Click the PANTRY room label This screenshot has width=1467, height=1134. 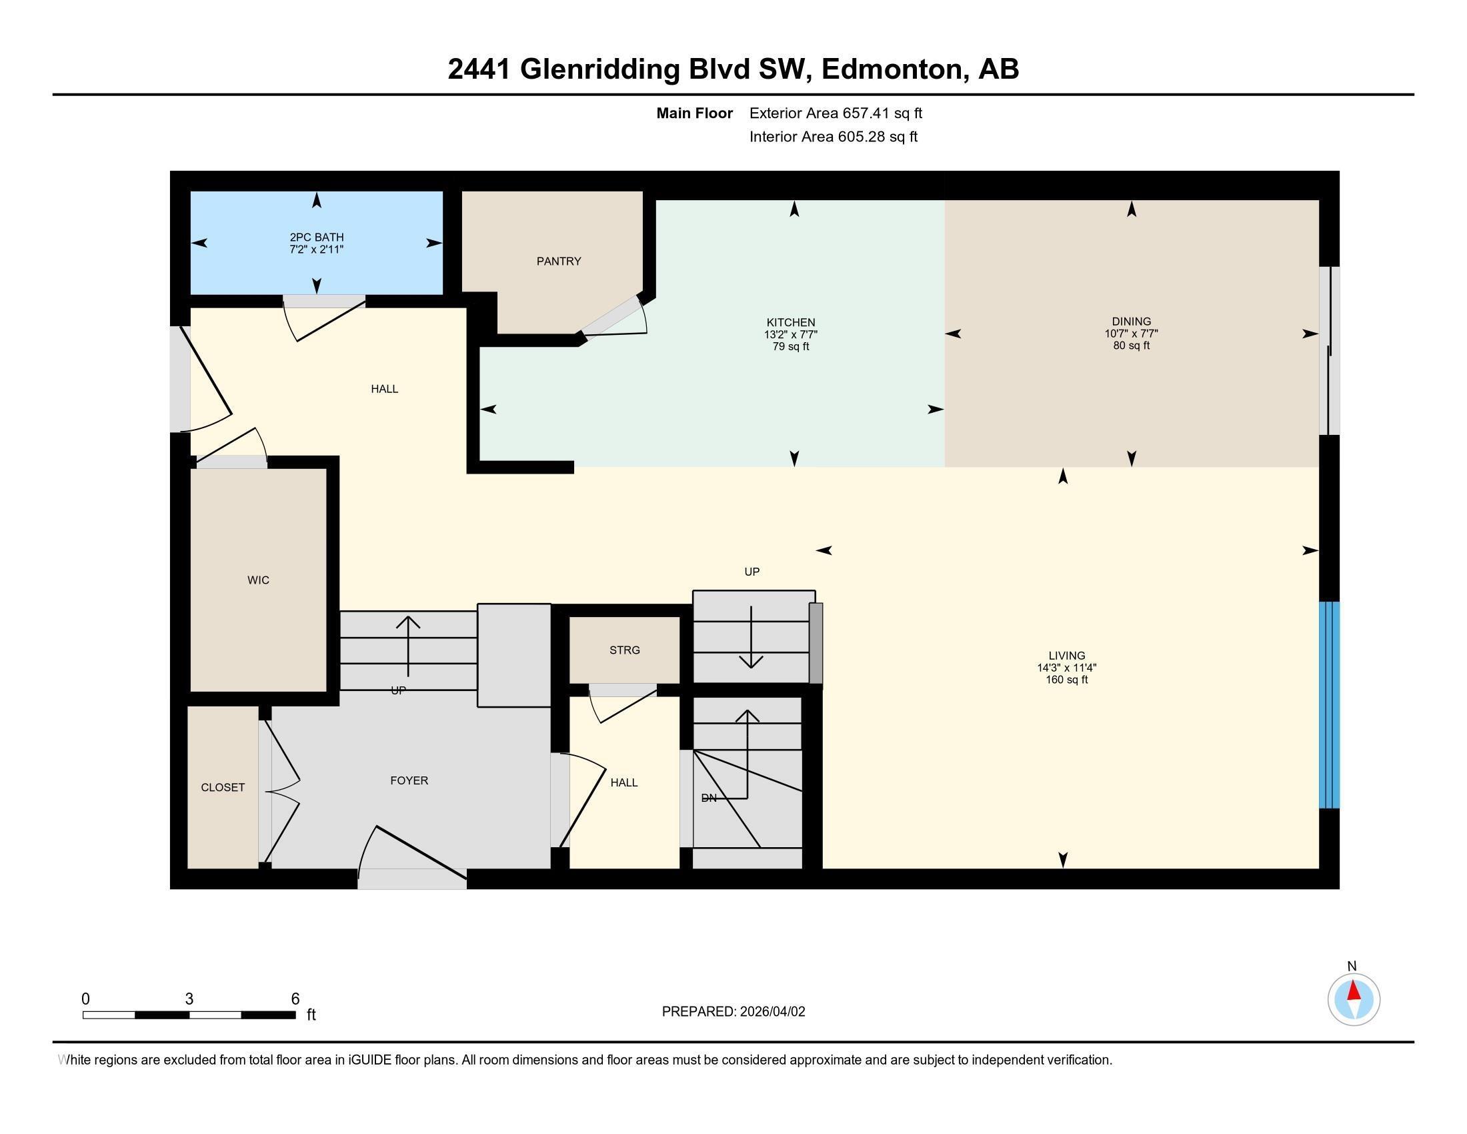pyautogui.click(x=558, y=261)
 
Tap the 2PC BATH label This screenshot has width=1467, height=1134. pyautogui.click(x=316, y=237)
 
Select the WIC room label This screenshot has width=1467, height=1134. pyautogui.click(x=258, y=580)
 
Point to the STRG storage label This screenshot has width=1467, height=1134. pyautogui.click(x=624, y=650)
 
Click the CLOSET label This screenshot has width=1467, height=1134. pyautogui.click(x=223, y=787)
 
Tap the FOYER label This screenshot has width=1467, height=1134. pyautogui.click(x=409, y=780)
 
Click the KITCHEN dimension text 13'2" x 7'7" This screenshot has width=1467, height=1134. pyautogui.click(x=791, y=335)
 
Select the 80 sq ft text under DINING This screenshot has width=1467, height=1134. pyautogui.click(x=1131, y=346)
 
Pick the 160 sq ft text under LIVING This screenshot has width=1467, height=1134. pyautogui.click(x=1067, y=680)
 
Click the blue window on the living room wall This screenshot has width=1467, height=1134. pyautogui.click(x=1329, y=704)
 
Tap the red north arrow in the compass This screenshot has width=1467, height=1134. pyautogui.click(x=1354, y=991)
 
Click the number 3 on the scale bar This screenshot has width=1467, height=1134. pyautogui.click(x=189, y=999)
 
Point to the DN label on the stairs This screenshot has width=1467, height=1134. pyautogui.click(x=709, y=798)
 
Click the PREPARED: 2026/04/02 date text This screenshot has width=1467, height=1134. pyautogui.click(x=733, y=1012)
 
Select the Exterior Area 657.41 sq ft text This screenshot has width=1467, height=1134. pyautogui.click(x=836, y=113)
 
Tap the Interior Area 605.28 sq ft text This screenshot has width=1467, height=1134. pyautogui.click(x=833, y=137)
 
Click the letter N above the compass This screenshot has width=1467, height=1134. pyautogui.click(x=1352, y=967)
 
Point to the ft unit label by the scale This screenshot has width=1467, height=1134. pyautogui.click(x=311, y=1015)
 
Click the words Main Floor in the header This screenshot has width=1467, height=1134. pyautogui.click(x=695, y=113)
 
